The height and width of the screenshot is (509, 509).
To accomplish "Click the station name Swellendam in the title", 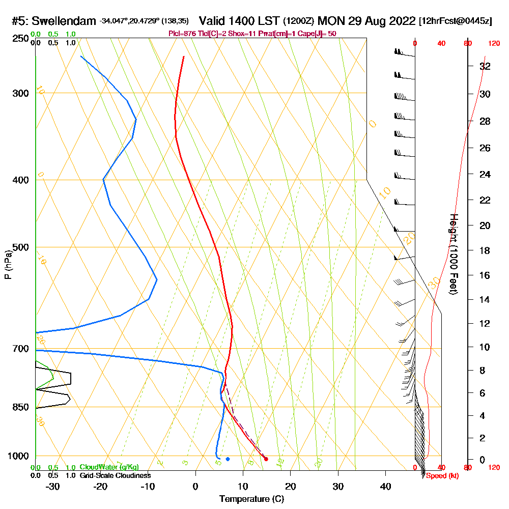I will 64,21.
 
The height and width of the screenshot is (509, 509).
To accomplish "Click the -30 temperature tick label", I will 52,486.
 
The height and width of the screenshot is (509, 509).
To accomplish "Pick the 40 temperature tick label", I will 385,486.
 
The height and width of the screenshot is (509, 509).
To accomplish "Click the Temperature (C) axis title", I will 251,498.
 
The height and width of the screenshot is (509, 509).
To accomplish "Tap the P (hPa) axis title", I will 8,265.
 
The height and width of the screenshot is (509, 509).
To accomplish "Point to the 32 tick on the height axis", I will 486,66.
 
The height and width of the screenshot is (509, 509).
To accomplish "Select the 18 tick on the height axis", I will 486,250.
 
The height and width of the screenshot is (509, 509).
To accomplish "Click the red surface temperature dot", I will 266,459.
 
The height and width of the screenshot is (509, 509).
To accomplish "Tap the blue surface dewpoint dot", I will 228,459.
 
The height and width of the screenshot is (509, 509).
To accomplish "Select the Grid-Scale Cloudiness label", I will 115,475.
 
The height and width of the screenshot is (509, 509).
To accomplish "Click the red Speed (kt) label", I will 439,476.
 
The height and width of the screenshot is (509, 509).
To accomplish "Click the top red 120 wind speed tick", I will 493,44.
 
